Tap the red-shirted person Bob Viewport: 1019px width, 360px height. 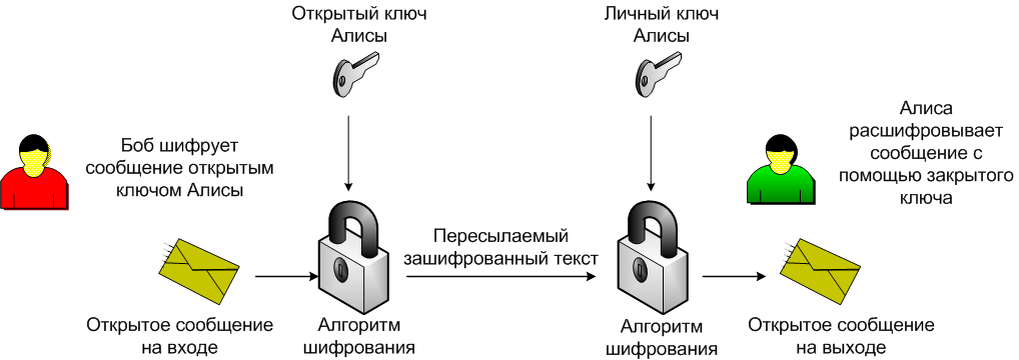[35, 171]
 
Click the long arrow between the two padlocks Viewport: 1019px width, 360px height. [500, 276]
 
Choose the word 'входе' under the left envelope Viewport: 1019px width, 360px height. [191, 347]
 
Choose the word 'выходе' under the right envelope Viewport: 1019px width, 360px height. [855, 347]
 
